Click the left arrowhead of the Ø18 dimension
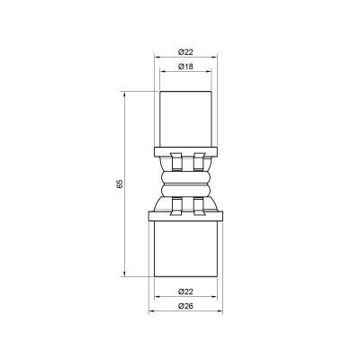click(163, 75)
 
